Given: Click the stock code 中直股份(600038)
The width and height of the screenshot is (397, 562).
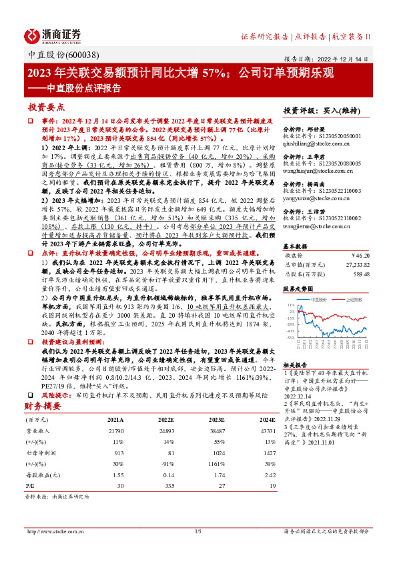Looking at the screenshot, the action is (55, 56).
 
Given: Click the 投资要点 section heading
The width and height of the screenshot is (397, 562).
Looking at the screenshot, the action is (46, 107).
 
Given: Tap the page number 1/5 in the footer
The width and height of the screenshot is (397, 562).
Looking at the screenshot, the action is (197, 550).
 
